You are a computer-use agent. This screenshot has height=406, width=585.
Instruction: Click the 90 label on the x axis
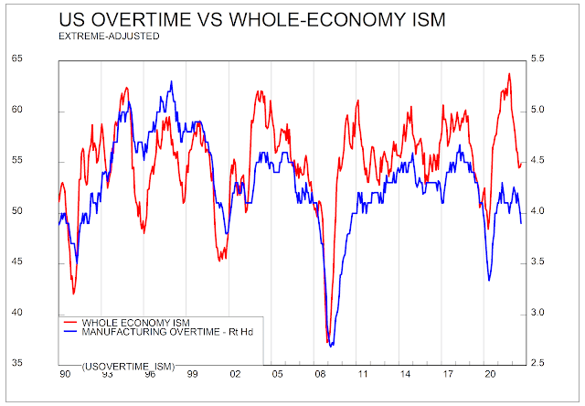pyautogui.click(x=65, y=374)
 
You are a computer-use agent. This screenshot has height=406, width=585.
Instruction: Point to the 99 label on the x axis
pyautogui.click(x=192, y=374)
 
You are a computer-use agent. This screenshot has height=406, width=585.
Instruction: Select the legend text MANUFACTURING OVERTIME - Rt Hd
pyautogui.click(x=167, y=332)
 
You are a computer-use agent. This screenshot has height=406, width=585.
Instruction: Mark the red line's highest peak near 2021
pyautogui.click(x=508, y=74)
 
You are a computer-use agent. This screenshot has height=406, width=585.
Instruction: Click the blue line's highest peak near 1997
pyautogui.click(x=171, y=81)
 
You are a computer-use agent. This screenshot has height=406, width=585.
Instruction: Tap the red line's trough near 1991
pyautogui.click(x=74, y=293)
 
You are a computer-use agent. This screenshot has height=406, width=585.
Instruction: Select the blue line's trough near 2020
pyautogui.click(x=488, y=280)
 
